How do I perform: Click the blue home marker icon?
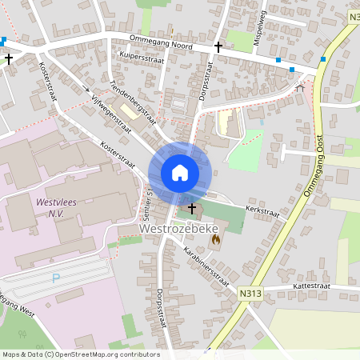click(180, 172)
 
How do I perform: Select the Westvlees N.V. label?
click(55, 209)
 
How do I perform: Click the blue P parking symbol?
click(55, 278)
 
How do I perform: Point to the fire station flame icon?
click(214, 238)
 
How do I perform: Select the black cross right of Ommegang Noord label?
click(218, 47)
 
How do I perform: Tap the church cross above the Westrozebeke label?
click(191, 209)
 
